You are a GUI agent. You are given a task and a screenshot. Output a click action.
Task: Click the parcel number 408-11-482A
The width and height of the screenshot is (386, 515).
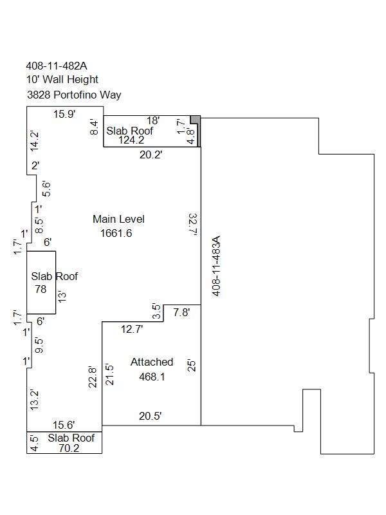(57, 66)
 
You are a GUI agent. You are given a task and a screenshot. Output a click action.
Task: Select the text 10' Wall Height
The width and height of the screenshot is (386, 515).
(62, 79)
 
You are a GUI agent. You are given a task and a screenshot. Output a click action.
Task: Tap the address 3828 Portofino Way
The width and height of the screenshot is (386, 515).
(74, 95)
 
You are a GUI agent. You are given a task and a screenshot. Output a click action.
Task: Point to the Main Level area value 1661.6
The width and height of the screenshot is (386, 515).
(116, 233)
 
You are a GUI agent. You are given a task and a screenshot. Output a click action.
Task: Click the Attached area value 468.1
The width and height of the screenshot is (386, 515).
(152, 377)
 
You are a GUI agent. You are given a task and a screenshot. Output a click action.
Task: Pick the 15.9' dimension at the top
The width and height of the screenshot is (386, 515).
(65, 115)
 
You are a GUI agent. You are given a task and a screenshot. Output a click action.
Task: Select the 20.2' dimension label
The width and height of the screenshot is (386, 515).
(151, 154)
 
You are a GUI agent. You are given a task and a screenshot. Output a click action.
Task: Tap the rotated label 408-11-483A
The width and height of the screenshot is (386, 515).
(216, 266)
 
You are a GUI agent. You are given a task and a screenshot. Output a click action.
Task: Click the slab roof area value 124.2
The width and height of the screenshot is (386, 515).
(131, 140)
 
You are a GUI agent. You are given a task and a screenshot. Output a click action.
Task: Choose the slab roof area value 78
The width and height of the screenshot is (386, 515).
(41, 289)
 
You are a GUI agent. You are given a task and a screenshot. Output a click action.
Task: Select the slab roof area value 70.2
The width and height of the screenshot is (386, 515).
(69, 448)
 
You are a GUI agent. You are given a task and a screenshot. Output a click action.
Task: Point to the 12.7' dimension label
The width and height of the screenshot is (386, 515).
(132, 329)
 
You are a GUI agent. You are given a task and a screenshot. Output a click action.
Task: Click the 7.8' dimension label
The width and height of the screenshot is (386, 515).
(181, 312)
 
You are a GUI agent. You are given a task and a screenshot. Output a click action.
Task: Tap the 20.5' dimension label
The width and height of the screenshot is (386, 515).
(151, 416)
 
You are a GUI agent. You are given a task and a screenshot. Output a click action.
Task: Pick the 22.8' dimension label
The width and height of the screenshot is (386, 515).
(93, 377)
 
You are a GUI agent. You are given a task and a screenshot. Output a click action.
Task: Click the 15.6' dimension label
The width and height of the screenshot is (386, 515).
(64, 425)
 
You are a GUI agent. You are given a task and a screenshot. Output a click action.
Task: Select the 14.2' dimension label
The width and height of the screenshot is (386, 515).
(35, 141)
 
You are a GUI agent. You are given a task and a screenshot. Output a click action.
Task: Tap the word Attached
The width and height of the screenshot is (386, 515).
(152, 362)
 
